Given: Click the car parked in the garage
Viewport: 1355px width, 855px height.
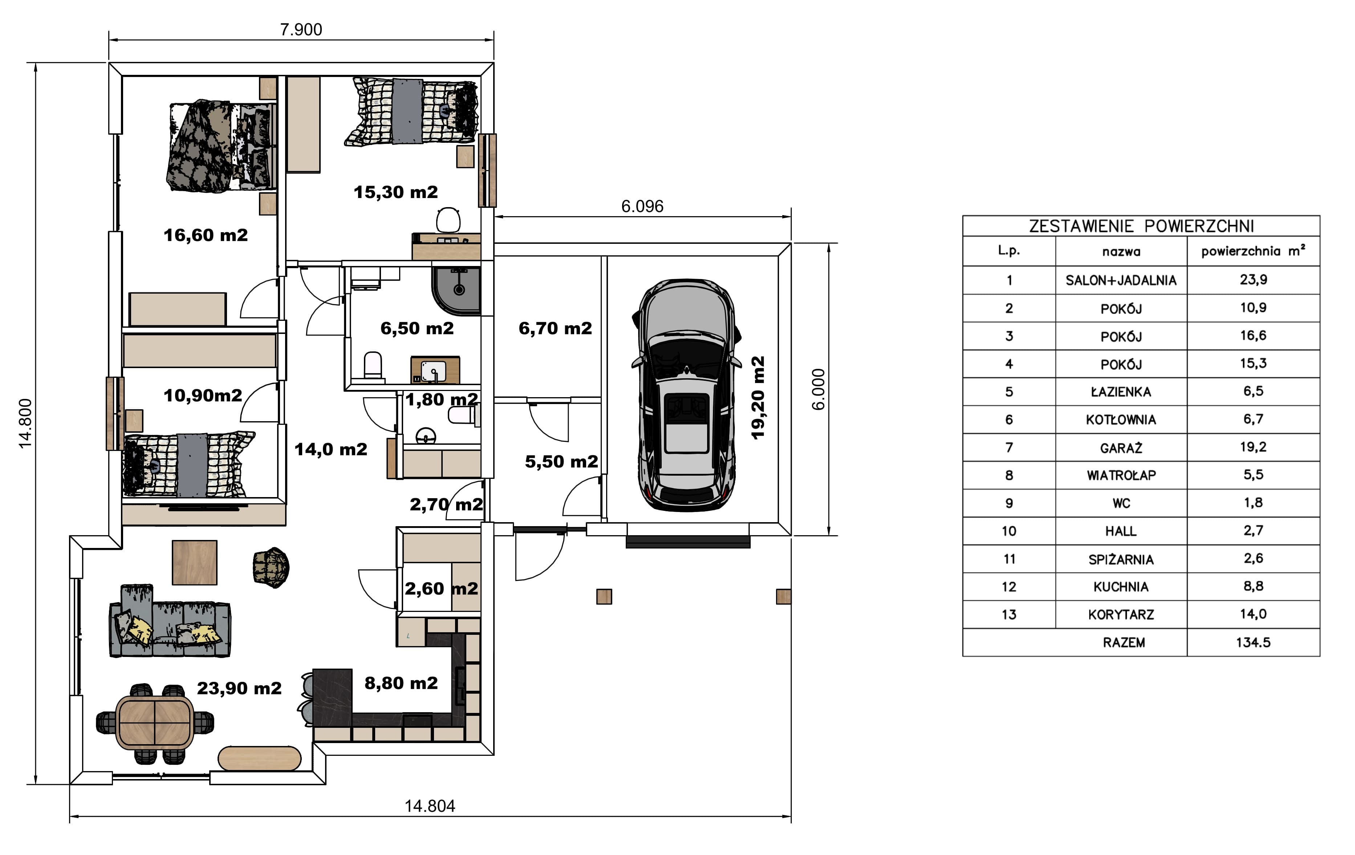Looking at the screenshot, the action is click(x=686, y=395).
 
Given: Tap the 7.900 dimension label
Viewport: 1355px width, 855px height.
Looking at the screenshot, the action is click(x=301, y=29).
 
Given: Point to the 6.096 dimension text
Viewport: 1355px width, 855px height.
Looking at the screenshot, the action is click(x=642, y=206).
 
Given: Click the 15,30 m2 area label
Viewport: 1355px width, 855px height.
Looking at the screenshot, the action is click(x=395, y=192).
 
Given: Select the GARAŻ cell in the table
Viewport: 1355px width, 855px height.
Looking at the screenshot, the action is click(x=1121, y=447).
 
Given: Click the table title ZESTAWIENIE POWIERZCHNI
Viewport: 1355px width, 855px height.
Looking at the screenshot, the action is click(x=1141, y=226).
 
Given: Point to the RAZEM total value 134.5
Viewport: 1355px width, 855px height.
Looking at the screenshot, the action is click(x=1253, y=642).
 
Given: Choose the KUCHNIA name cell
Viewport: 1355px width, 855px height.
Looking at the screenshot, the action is click(x=1121, y=586).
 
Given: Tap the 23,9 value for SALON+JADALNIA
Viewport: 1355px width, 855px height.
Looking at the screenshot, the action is click(x=1253, y=280).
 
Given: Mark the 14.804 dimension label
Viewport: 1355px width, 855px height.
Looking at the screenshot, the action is click(x=430, y=806).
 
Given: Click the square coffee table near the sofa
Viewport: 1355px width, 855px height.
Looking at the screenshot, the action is click(x=195, y=562).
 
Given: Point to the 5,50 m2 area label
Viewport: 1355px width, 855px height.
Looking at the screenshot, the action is click(x=561, y=461).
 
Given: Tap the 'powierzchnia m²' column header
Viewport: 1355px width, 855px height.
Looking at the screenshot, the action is click(x=1253, y=251).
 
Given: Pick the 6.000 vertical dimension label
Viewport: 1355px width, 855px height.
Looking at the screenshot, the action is click(x=818, y=390).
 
